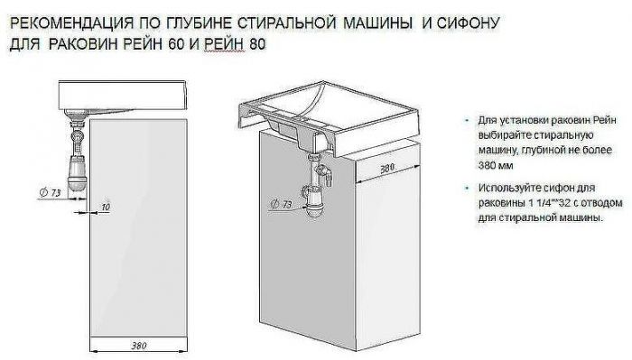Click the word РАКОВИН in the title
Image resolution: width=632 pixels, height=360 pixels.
[x=94, y=42]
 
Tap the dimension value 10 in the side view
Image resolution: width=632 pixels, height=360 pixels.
[x=107, y=208]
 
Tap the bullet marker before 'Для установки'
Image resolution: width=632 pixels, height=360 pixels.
[x=467, y=119]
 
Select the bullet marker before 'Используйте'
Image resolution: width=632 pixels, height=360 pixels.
[x=467, y=187]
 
